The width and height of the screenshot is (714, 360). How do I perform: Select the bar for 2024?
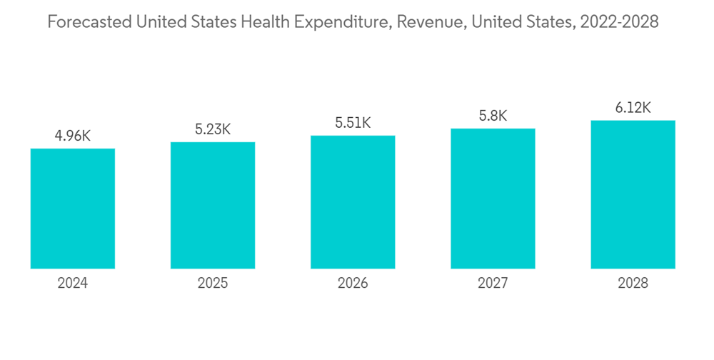coord(73,209)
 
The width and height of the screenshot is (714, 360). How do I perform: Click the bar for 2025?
coord(213,205)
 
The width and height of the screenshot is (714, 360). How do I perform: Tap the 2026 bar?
coord(353,202)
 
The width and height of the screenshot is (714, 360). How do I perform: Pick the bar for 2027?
coord(493,199)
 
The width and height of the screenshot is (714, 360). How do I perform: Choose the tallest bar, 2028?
coord(633,194)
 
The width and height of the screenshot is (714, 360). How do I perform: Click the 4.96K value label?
coord(73,136)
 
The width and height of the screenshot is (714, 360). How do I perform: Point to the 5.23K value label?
coord(213,129)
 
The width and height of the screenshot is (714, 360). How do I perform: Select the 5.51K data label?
coord(353,123)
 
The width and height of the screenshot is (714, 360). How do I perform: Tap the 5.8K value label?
coord(493,116)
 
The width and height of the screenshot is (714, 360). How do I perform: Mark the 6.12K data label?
coord(633,108)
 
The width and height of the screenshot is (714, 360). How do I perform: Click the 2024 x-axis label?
coord(73,284)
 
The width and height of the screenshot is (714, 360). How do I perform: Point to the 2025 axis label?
coord(213,284)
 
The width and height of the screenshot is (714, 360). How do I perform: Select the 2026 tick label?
coord(353,284)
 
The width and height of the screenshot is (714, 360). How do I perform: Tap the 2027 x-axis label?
coord(493,284)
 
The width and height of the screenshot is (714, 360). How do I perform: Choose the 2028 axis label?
coord(633,284)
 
